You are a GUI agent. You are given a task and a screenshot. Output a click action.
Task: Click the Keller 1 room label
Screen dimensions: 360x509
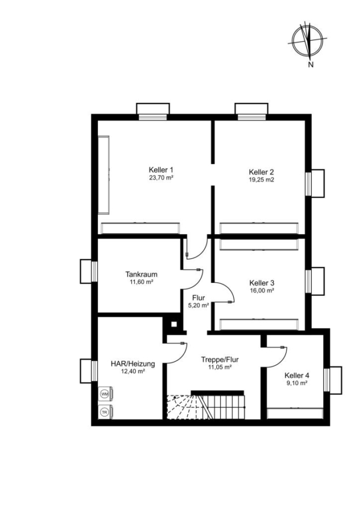(x=161, y=170)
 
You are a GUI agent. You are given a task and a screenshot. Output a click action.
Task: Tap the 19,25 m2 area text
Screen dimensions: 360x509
(x=262, y=179)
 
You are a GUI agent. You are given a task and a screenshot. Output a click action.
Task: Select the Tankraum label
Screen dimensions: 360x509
(x=142, y=274)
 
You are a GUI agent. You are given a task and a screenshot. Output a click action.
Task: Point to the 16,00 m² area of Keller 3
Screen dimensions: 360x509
(x=262, y=291)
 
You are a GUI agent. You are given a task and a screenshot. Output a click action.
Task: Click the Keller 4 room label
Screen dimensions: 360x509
(x=297, y=376)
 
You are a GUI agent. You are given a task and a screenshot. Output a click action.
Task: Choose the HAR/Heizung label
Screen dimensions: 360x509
(x=133, y=364)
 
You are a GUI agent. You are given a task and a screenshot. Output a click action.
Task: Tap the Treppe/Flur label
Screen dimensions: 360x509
(x=220, y=360)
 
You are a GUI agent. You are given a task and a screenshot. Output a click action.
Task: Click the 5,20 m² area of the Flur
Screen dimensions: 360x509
(x=198, y=305)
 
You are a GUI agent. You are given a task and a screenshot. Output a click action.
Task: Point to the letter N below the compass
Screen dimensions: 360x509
(x=311, y=64)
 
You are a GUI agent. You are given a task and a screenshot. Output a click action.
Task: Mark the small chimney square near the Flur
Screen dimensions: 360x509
(x=174, y=324)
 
